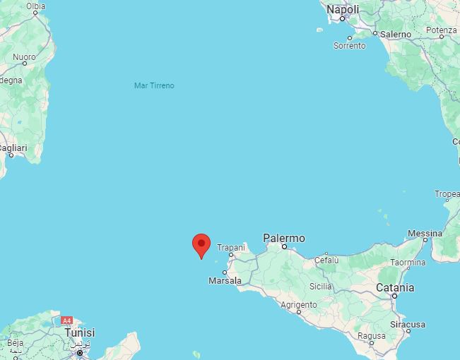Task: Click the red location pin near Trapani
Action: [201, 245]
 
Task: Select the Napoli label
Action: [343, 10]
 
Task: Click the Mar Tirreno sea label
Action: [154, 85]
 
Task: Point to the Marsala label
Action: [225, 281]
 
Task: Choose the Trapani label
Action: [230, 248]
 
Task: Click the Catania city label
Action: [395, 288]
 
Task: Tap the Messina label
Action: [425, 233]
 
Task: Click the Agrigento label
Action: [298, 305]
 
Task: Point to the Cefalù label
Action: [326, 260]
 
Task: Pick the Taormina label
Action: [408, 263]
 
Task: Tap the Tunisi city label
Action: [79, 332]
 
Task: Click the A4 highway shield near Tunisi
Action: [67, 320]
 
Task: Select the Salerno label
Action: [395, 34]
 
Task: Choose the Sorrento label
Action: [350, 46]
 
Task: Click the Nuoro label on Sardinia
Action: [24, 56]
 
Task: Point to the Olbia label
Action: [35, 6]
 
